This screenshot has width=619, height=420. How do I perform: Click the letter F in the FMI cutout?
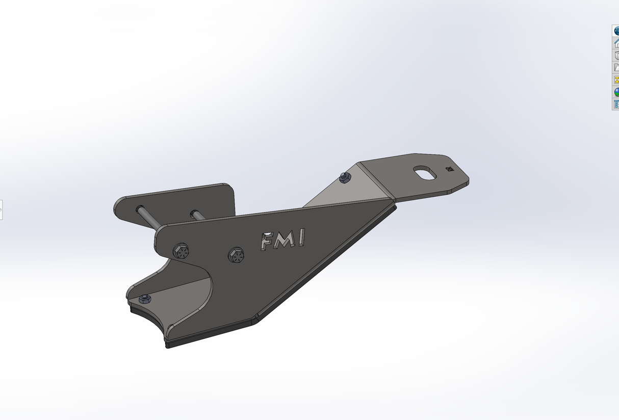coord(266,241)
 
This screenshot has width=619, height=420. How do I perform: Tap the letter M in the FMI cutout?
coord(283,240)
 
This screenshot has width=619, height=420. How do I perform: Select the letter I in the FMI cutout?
coord(301,238)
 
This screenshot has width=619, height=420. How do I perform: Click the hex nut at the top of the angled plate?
coord(345,177)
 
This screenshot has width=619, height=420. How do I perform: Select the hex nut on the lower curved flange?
coord(145,298)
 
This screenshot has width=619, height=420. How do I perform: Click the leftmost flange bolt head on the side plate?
coord(182,251)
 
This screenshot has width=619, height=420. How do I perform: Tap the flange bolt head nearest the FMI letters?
coord(236,254)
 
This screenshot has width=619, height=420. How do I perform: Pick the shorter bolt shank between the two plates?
coord(198,215)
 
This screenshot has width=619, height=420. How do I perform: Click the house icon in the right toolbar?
coord(616,43)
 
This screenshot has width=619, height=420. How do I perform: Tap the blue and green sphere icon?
coord(616,92)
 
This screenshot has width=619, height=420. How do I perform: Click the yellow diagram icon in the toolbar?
coord(616,80)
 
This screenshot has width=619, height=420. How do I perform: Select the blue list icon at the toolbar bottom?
coord(616,104)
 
